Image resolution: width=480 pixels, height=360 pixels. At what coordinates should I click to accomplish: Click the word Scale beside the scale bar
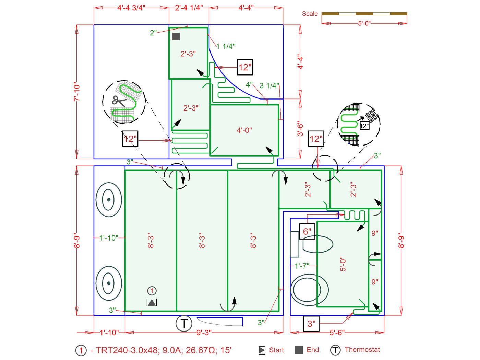[310, 14]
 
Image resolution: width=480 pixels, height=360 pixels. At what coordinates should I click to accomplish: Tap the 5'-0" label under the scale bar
[364, 23]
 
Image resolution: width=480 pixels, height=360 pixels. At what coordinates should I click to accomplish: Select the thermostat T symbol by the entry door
[184, 324]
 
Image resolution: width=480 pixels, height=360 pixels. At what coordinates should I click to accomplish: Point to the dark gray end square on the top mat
[176, 36]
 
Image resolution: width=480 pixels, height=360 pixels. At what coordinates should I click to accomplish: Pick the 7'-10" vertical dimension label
[77, 92]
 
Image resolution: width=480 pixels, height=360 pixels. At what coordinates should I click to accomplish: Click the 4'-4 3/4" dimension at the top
[131, 8]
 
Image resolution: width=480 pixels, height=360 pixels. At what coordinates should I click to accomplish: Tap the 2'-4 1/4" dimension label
[189, 8]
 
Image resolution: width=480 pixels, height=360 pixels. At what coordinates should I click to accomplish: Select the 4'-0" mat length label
[244, 130]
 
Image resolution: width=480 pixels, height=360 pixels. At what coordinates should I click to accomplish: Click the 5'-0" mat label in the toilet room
[343, 264]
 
